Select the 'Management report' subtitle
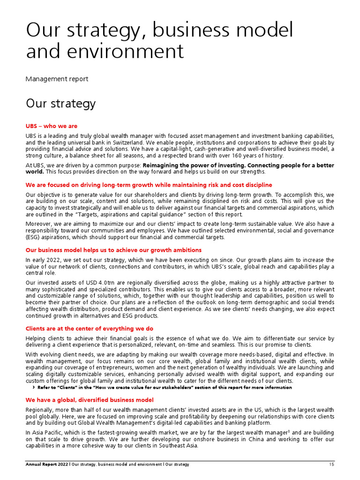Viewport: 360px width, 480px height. (57, 79)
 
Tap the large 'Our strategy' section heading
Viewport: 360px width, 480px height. (60, 103)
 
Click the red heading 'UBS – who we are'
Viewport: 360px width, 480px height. (52, 126)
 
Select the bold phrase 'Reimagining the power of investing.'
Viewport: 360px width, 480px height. (194, 165)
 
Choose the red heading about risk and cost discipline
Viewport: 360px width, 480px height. (149, 185)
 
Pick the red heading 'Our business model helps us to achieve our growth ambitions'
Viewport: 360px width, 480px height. (113, 250)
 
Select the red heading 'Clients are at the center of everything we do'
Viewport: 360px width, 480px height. (89, 329)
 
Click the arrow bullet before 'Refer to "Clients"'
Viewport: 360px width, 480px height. (33, 388)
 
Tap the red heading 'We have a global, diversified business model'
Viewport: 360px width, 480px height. (89, 400)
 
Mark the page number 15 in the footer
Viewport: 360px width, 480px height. (331, 465)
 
